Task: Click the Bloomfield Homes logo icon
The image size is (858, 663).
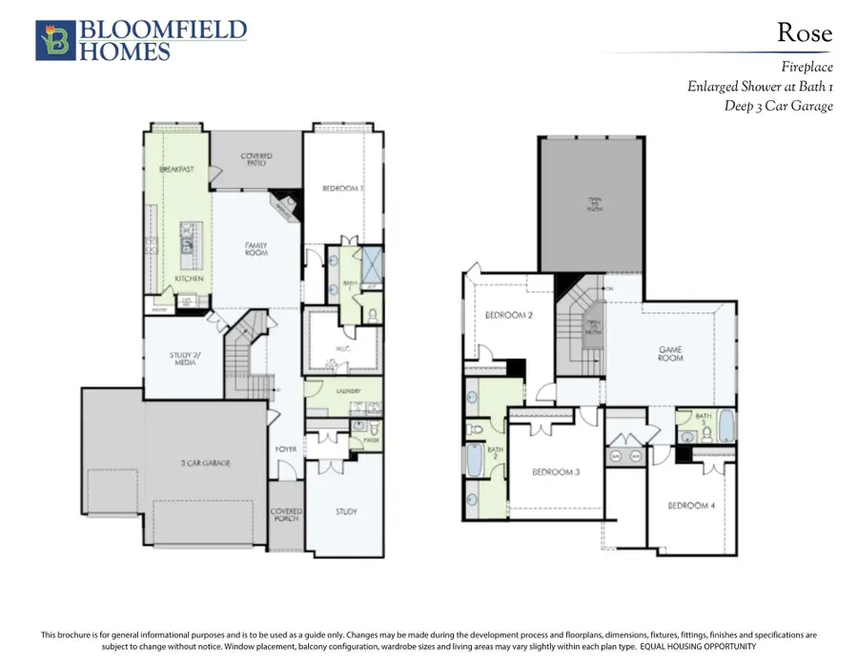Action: pos(53,41)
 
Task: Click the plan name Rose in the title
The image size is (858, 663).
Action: pos(804,33)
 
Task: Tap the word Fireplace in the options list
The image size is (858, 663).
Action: pos(807,67)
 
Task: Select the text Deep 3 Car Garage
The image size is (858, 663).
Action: pos(778,106)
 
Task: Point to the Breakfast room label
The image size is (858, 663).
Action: pos(177,169)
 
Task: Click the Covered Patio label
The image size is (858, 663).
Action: pos(255,159)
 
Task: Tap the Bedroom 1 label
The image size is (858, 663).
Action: pos(342,189)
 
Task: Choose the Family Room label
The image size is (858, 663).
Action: pos(256,250)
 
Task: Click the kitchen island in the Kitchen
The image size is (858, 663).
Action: pos(187,242)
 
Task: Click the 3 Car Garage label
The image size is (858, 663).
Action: pos(207,463)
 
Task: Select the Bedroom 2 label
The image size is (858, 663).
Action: pos(507,316)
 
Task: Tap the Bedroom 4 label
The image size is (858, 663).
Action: pos(691,505)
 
